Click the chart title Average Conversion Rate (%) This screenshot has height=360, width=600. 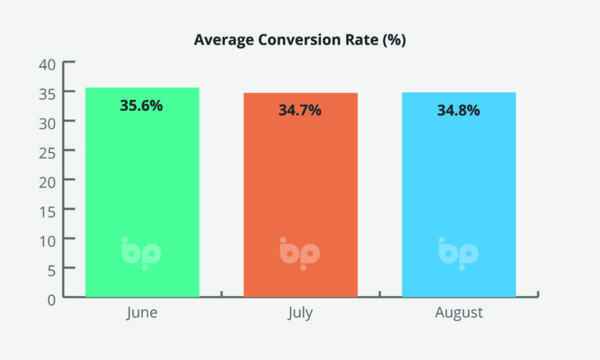(x=300, y=40)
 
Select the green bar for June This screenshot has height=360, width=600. (x=142, y=192)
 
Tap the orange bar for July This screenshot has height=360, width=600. (x=300, y=194)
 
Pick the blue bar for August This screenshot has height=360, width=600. (x=459, y=194)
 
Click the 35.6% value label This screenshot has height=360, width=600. (x=141, y=105)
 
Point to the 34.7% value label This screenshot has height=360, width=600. (x=300, y=110)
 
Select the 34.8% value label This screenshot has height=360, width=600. (x=459, y=110)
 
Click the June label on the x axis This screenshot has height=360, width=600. (x=142, y=312)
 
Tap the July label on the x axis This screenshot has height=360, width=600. (x=300, y=312)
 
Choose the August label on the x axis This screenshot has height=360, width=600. (x=459, y=312)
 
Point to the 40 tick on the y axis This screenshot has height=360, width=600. (x=47, y=65)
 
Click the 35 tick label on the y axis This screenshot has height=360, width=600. (x=47, y=94)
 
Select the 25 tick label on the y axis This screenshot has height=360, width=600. (x=47, y=153)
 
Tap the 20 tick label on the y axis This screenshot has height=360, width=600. (x=47, y=183)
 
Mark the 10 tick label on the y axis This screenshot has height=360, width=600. (x=47, y=241)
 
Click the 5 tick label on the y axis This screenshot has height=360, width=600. (x=52, y=271)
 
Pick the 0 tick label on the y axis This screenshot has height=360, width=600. (x=52, y=300)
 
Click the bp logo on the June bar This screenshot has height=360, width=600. (x=141, y=254)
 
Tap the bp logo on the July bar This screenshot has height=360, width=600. (x=300, y=254)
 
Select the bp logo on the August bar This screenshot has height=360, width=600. (x=459, y=254)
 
